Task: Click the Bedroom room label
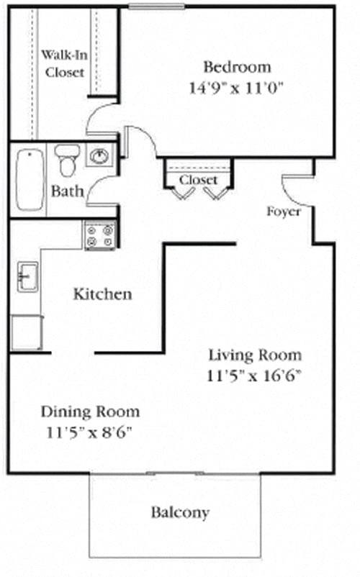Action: pos(238,68)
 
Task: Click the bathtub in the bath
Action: pos(30,179)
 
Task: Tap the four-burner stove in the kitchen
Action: pos(100,235)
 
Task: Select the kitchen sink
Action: pos(27,277)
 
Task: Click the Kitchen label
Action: pos(103,294)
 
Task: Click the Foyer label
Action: pos(283,212)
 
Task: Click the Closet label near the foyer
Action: pos(198,179)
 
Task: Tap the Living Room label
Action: pos(255,355)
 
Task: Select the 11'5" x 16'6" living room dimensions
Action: pos(255,375)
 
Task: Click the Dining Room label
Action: pos(90,412)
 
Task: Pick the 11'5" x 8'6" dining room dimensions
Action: pos(90,432)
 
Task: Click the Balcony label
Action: pos(180,513)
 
